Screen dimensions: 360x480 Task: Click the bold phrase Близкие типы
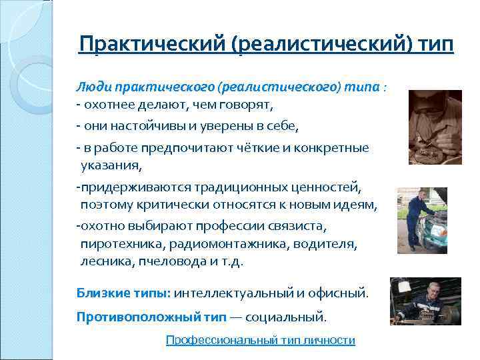click(x=123, y=293)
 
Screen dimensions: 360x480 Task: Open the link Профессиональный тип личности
click(x=260, y=340)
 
